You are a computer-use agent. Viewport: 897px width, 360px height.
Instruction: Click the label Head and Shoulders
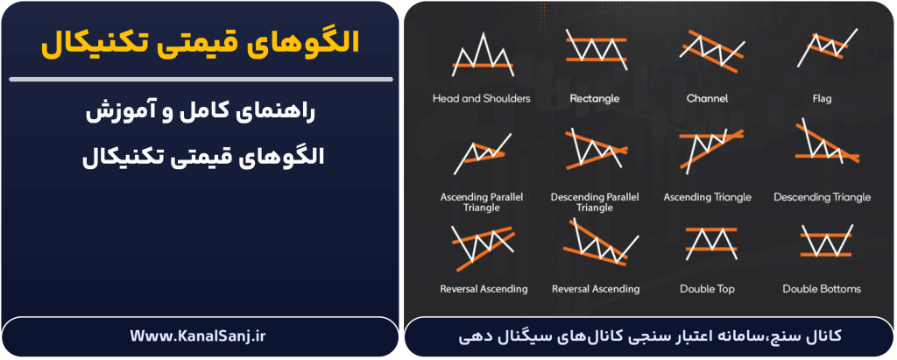click(481, 99)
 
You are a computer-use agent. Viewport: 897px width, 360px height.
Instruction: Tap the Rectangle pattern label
click(595, 99)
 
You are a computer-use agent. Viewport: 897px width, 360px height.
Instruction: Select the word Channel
click(707, 99)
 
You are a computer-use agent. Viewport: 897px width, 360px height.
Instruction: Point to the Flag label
click(821, 99)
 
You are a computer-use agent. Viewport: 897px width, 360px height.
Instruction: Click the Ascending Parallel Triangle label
click(481, 202)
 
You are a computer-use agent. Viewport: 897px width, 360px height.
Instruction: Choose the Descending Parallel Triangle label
click(595, 202)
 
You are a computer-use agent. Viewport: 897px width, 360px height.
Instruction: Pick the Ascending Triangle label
click(707, 197)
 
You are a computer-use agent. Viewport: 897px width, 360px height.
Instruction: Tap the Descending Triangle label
click(822, 197)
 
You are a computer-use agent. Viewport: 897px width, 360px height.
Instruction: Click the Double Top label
click(707, 289)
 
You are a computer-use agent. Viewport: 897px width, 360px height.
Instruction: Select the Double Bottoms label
click(821, 289)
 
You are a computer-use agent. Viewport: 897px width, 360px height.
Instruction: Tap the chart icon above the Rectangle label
click(596, 50)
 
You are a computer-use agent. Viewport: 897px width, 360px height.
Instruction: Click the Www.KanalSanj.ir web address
click(200, 335)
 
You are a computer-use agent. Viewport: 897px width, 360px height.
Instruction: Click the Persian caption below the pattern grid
click(649, 336)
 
